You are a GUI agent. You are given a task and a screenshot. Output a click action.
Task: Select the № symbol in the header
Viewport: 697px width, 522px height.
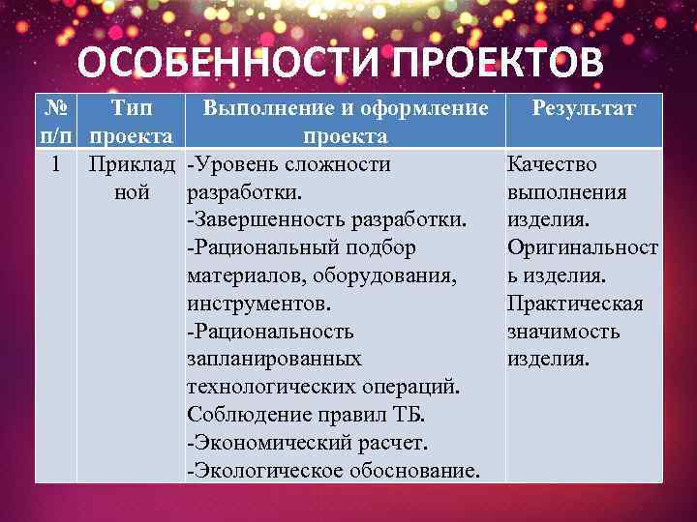point(55,108)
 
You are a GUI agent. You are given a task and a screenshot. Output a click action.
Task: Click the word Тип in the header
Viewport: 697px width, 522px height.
point(134,108)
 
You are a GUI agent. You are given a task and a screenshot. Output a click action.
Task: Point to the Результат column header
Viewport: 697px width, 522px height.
point(584,108)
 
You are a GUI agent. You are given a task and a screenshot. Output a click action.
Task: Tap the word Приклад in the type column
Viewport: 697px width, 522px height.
point(133,164)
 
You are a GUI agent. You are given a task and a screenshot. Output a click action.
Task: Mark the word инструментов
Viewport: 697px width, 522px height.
point(257,304)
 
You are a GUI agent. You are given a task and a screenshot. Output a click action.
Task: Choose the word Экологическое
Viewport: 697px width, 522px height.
point(264,472)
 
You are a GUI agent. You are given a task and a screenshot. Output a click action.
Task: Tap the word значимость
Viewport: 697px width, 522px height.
point(563,332)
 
